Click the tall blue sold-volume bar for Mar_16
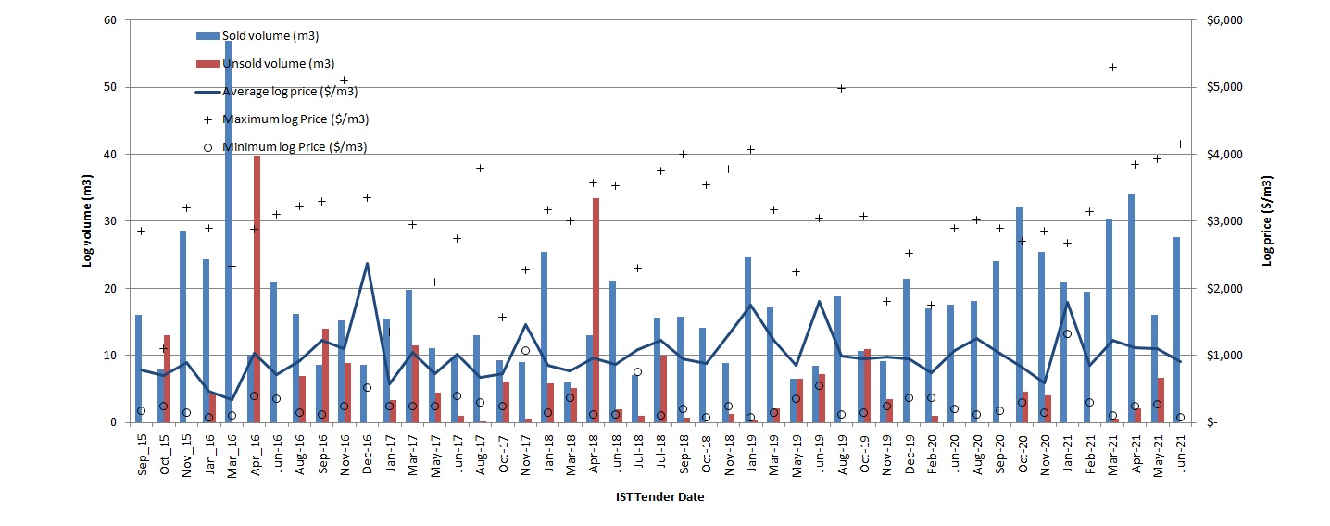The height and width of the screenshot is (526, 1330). point(228,232)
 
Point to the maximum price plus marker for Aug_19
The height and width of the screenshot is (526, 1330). point(841,88)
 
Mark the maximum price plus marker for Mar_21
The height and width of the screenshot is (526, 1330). point(1112,67)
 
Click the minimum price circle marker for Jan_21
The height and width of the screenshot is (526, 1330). point(1067,333)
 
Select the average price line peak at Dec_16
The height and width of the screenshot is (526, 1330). point(367,264)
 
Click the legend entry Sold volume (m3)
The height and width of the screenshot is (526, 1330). point(265,35)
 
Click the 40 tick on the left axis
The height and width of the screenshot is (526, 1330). point(109,155)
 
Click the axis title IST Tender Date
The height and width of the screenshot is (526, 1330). point(659,497)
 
